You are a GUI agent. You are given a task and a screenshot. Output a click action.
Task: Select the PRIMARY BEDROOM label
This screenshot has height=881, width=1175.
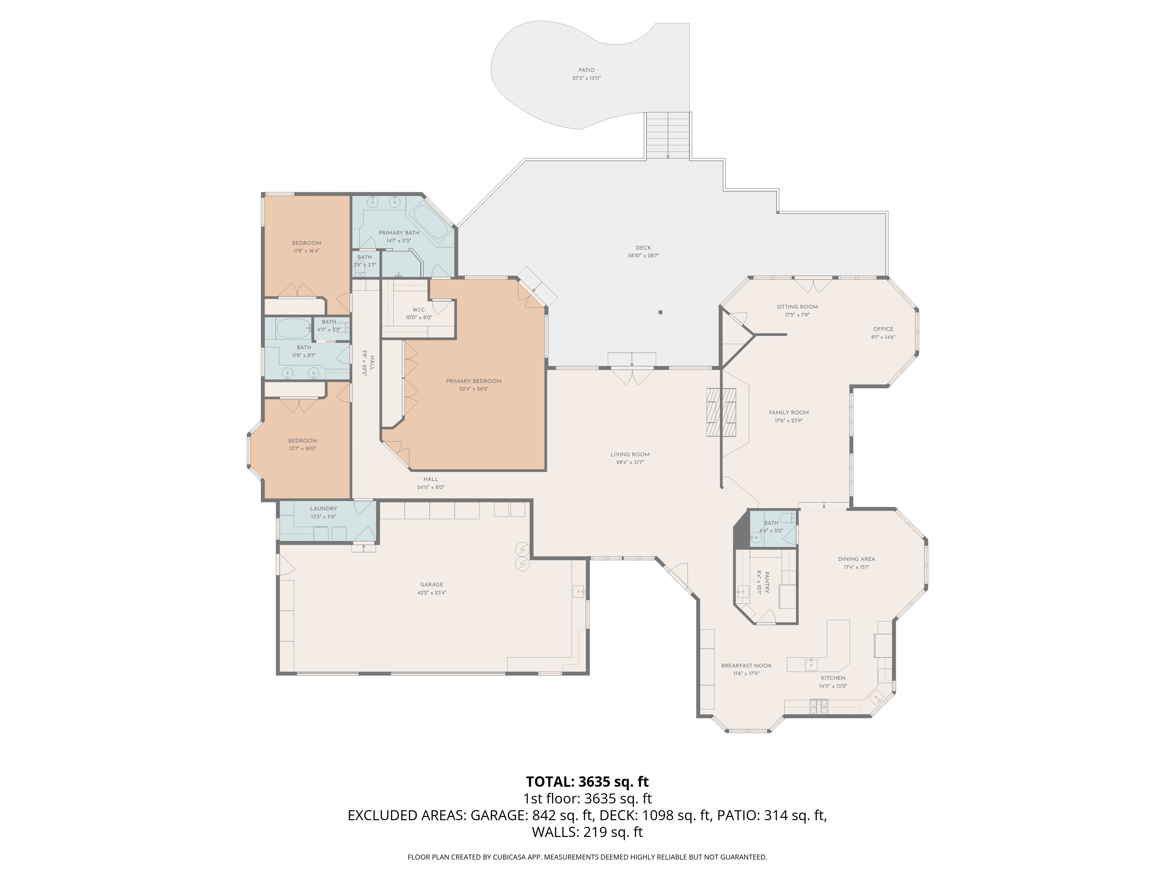[474, 381]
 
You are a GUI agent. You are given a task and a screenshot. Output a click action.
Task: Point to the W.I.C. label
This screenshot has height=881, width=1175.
[419, 310]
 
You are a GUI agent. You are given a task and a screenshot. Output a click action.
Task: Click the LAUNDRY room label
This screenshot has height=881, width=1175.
[323, 508]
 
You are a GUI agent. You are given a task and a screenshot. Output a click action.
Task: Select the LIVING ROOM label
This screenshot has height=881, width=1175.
[630, 455]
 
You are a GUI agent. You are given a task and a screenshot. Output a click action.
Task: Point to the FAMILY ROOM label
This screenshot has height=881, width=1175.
[789, 412]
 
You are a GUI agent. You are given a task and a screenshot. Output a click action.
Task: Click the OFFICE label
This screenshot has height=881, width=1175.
[883, 329]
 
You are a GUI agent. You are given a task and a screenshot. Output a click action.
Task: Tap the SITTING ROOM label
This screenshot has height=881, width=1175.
[797, 306]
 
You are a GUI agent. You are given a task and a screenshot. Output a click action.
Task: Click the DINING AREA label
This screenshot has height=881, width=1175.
[856, 559]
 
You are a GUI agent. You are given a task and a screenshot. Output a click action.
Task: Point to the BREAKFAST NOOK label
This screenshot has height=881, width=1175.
[746, 665]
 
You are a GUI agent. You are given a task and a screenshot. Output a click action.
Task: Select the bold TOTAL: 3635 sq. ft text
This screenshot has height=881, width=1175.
[587, 782]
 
